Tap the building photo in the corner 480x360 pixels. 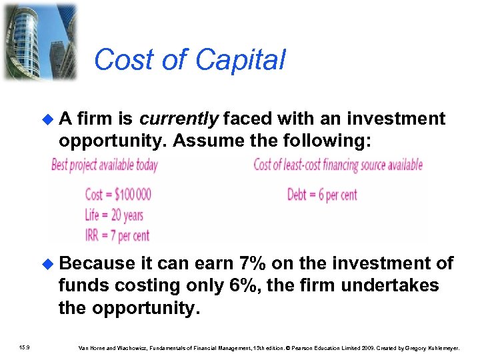[39, 41]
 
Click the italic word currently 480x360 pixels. [179, 119]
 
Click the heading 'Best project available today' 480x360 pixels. [105, 165]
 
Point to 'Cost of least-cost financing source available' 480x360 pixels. [338, 165]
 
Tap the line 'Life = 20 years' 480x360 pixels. [114, 215]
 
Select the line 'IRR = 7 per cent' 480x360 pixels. [117, 235]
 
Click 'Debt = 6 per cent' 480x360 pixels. [322, 195]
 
